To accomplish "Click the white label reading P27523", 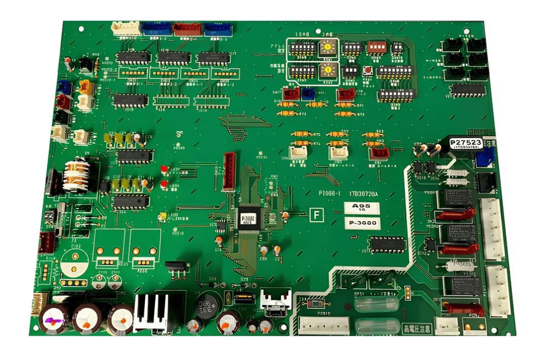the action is [x=466, y=143].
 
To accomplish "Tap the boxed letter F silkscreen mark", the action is [x=316, y=215].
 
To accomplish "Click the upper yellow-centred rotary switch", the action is [x=327, y=48].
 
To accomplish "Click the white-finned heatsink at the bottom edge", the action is [x=152, y=312].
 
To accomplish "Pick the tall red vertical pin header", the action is [x=229, y=170].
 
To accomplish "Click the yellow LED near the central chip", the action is [x=162, y=217].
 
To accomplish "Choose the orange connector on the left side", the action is [x=86, y=87].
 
